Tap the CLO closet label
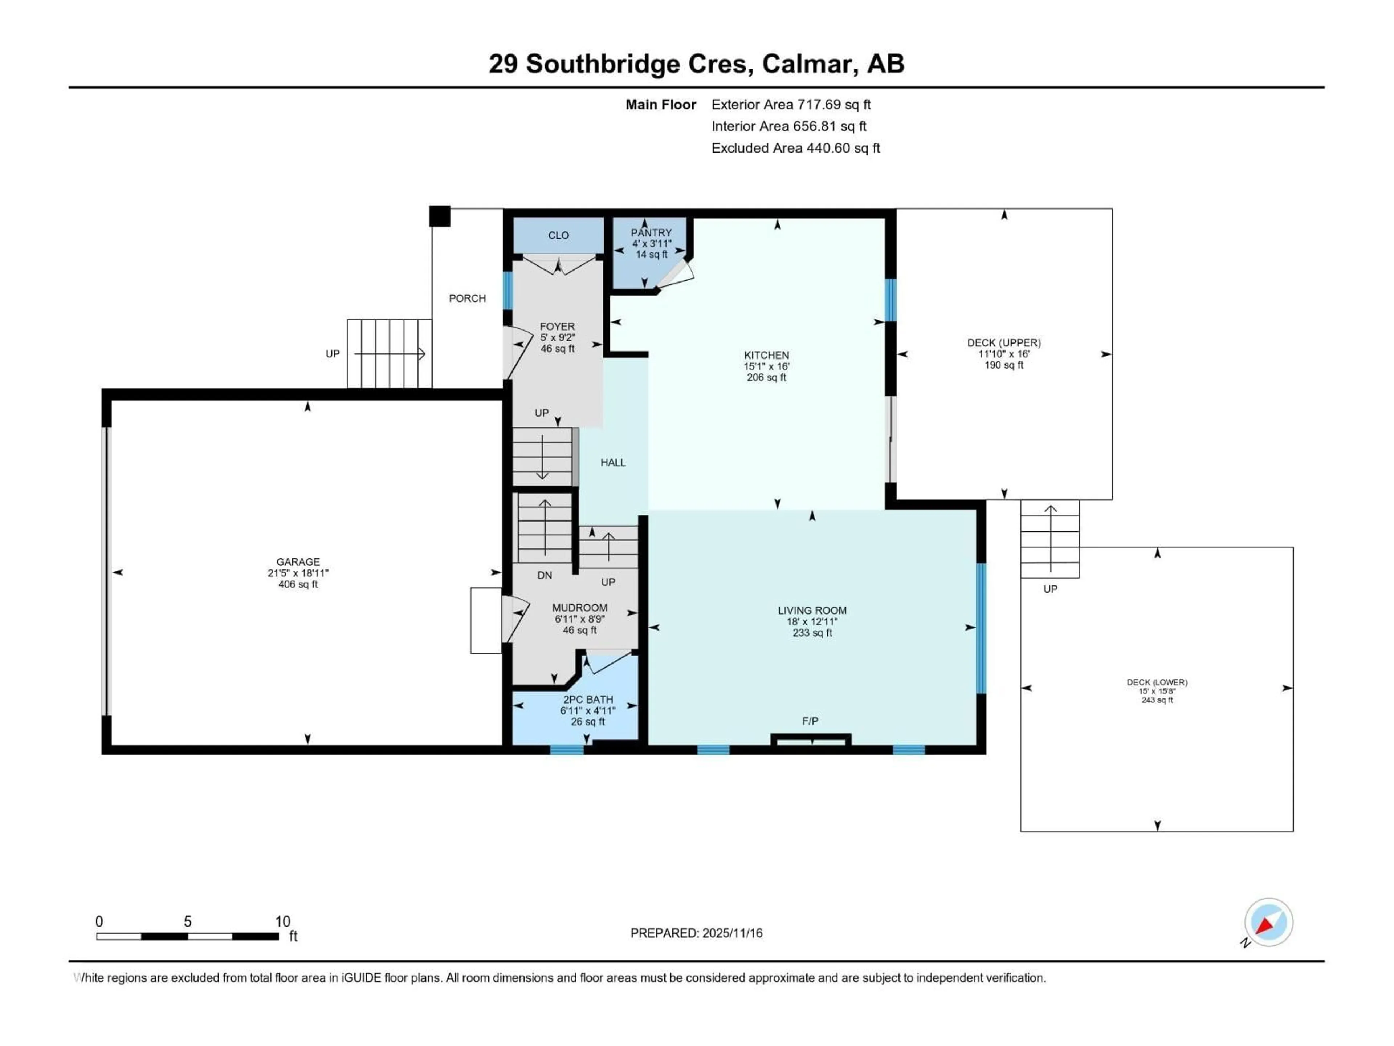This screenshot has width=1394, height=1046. [x=558, y=235]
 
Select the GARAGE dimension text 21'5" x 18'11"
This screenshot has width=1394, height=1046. [x=298, y=573]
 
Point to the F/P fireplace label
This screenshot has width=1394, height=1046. [x=810, y=721]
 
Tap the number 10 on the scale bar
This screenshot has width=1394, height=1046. [x=282, y=921]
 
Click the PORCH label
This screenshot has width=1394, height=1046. [x=467, y=298]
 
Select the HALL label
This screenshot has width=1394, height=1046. [x=612, y=463]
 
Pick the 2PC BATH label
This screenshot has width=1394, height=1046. [x=588, y=699]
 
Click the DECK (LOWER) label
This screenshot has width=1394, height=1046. [x=1157, y=682]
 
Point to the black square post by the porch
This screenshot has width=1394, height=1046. [x=440, y=216]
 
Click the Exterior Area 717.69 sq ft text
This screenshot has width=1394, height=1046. [x=791, y=105]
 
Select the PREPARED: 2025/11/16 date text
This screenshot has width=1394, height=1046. [x=696, y=933]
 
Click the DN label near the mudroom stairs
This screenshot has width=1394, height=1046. [x=545, y=575]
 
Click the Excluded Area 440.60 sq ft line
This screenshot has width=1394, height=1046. [x=795, y=148]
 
